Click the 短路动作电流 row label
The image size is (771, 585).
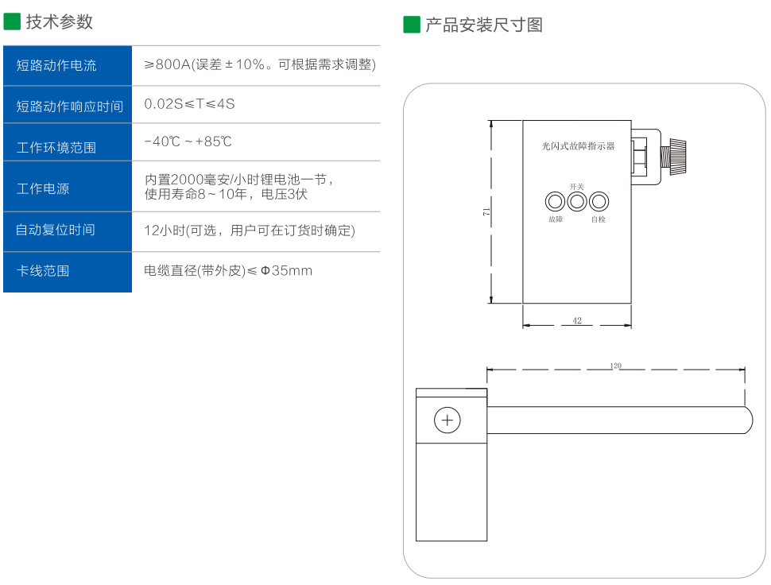(x=56, y=65)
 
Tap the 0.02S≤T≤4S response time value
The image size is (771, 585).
(x=189, y=104)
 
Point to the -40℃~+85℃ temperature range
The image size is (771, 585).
(x=188, y=141)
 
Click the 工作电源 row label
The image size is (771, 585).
(x=43, y=188)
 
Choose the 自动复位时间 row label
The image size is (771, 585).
(x=56, y=230)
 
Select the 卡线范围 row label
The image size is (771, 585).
(x=43, y=271)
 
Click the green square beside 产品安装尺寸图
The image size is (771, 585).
(x=411, y=25)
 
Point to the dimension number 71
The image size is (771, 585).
(x=486, y=211)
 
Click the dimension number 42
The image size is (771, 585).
(x=577, y=321)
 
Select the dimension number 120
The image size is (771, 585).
(x=615, y=366)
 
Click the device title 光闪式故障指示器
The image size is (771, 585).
(x=578, y=146)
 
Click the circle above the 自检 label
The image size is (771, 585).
(x=599, y=201)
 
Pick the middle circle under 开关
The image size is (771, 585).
(x=576, y=201)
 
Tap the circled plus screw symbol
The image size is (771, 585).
(x=447, y=420)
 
